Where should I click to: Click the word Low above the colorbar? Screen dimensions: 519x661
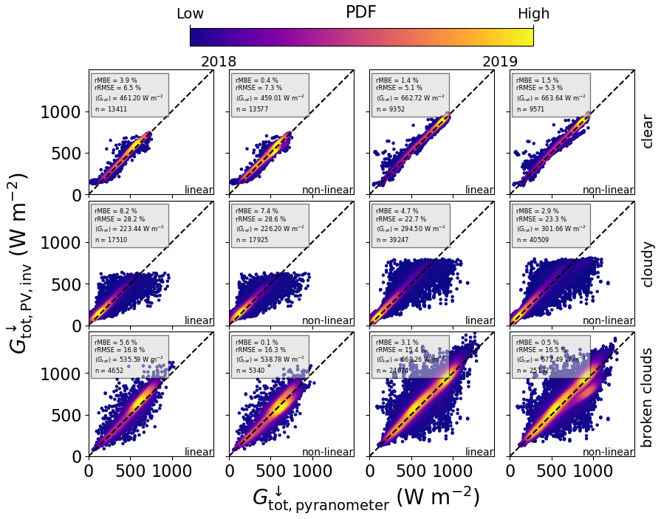pyautogui.click(x=190, y=14)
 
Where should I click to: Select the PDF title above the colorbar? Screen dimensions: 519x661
pyautogui.click(x=361, y=13)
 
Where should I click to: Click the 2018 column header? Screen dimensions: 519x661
pyautogui.click(x=219, y=62)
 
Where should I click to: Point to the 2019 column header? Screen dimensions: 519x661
pyautogui.click(x=500, y=62)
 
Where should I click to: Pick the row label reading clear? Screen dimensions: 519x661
pyautogui.click(x=648, y=132)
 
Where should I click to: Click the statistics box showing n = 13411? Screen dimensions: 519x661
pyautogui.click(x=129, y=94)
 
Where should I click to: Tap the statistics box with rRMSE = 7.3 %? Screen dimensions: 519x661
pyautogui.click(x=270, y=94)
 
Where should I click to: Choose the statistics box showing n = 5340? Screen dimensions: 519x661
pyautogui.click(x=270, y=357)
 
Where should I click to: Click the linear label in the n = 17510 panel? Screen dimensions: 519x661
pyautogui.click(x=199, y=321)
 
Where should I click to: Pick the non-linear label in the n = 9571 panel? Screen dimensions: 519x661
pyautogui.click(x=608, y=190)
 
